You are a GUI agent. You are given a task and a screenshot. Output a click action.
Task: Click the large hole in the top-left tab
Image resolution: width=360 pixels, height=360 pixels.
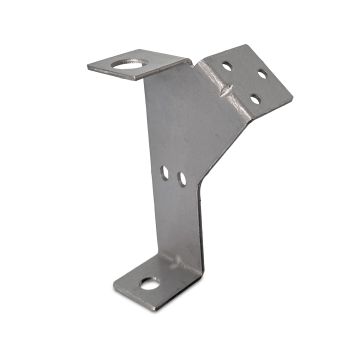[x=129, y=64]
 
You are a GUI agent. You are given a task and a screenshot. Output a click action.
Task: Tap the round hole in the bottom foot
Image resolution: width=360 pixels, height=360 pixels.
[x=149, y=284]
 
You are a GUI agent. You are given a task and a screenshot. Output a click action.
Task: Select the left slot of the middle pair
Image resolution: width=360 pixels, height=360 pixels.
[x=165, y=173]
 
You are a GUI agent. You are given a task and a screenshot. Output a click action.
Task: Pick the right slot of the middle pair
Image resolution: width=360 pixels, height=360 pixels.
[x=182, y=179]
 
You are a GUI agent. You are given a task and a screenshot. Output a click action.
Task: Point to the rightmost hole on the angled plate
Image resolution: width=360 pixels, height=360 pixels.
[x=262, y=75]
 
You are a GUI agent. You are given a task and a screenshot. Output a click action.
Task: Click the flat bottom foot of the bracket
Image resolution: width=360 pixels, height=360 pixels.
[x=160, y=280]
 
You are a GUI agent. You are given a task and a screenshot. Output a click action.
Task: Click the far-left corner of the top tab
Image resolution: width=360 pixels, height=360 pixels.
[x=88, y=67]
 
